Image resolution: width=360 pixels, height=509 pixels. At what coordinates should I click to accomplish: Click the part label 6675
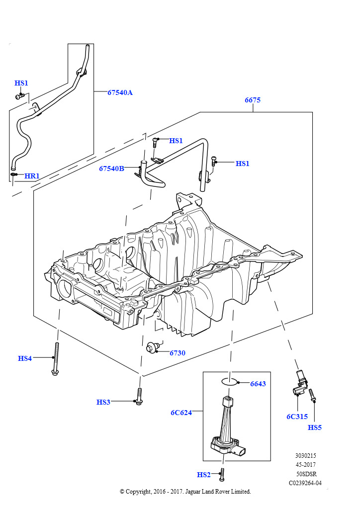(x=253, y=100)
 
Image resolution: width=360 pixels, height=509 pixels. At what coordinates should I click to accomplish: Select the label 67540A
(x=120, y=92)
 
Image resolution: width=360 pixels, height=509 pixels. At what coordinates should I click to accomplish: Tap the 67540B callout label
(x=111, y=169)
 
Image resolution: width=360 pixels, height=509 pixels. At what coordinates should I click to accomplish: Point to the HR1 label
(x=32, y=176)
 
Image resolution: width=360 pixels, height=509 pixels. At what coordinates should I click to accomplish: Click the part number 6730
(x=177, y=353)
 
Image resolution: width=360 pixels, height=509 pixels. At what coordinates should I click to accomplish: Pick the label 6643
(x=258, y=384)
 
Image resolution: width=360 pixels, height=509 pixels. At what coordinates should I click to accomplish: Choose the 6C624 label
(x=181, y=413)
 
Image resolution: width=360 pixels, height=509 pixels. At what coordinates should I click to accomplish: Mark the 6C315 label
(x=297, y=417)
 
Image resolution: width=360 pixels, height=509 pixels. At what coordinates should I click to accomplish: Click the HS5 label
(x=315, y=427)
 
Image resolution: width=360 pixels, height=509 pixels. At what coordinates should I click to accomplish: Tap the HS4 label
(x=25, y=358)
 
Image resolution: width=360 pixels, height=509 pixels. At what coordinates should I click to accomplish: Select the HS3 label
(x=103, y=402)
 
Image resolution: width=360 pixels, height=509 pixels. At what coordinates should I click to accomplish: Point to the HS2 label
(x=204, y=475)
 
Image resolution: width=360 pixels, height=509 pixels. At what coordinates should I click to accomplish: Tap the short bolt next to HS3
(x=140, y=397)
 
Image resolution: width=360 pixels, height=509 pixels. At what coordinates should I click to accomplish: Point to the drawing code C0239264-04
(x=305, y=482)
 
